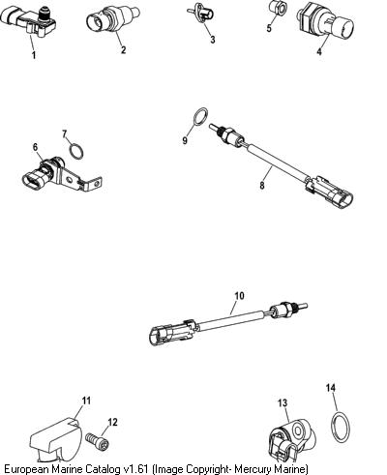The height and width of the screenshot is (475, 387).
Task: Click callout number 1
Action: pos(34,55)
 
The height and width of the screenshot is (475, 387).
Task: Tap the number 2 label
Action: pos(123,49)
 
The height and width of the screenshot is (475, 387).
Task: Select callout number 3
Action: pos(212,40)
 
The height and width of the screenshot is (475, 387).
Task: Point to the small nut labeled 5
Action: pos(276,9)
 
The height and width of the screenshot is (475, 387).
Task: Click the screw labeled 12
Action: pos(98,442)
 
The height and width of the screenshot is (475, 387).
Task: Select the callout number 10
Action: pos(239,295)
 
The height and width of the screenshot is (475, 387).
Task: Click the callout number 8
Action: pos(262,186)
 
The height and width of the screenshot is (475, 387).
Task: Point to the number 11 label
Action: pos(86,401)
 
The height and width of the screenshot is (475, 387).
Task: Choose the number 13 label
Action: pos(283,402)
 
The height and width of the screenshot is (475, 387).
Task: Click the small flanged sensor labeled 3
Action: pos(201,14)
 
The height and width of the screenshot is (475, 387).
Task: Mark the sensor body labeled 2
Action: pos(113,19)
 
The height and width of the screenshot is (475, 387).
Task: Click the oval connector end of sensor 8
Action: pos(344,197)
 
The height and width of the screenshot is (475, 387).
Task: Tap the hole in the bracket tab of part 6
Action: pos(69,178)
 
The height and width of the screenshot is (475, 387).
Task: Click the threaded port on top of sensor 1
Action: pos(42,14)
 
